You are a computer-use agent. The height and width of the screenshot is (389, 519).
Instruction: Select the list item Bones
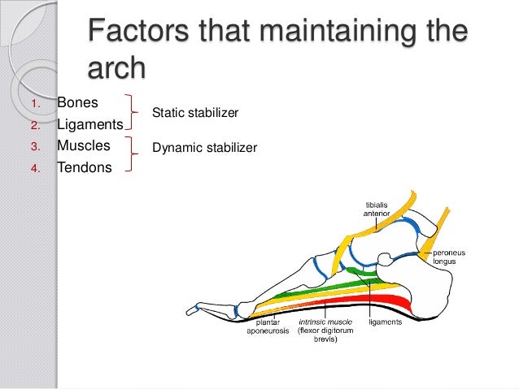point(78,104)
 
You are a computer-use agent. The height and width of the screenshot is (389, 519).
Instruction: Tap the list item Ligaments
point(89,125)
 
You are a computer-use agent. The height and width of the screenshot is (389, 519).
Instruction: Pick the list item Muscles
point(83,146)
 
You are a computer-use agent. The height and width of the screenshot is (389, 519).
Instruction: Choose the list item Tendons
point(85,168)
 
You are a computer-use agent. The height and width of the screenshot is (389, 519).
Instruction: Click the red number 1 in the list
point(33,105)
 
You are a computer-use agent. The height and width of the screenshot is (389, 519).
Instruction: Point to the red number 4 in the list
point(34,169)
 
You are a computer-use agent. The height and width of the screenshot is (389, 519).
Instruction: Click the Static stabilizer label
point(195,114)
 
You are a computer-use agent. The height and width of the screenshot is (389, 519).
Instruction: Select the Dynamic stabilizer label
point(204,148)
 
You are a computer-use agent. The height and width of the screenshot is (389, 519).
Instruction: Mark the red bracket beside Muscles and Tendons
point(130,155)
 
